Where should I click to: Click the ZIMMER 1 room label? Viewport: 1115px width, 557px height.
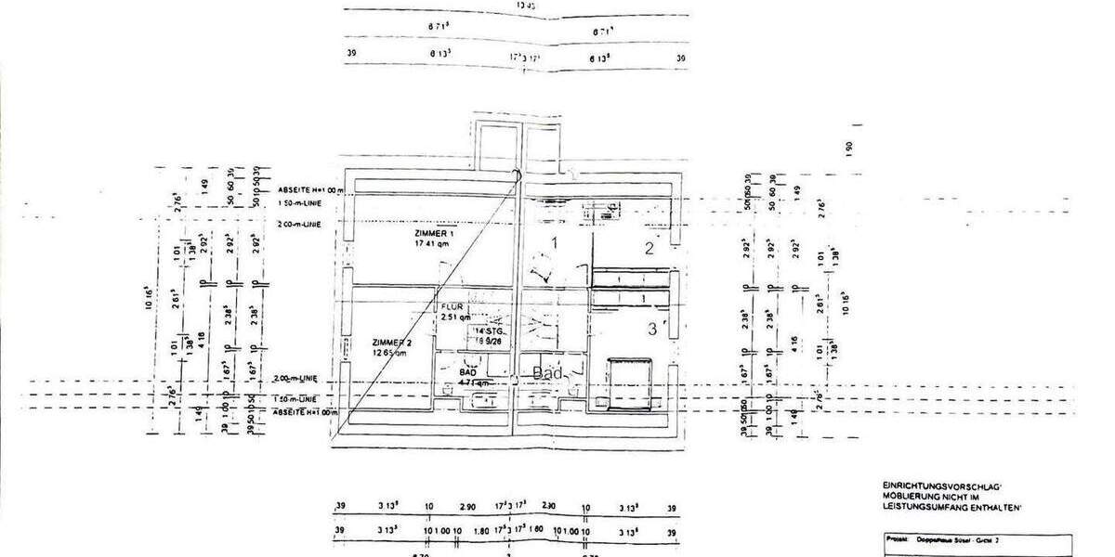[x=435, y=233]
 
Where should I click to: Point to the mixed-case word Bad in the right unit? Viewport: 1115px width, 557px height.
[x=548, y=372]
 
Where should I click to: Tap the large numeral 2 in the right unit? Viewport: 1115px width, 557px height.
[x=650, y=248]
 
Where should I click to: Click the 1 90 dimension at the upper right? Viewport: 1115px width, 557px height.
[x=848, y=148]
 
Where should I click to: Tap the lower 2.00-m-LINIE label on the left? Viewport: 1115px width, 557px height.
[x=297, y=380]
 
